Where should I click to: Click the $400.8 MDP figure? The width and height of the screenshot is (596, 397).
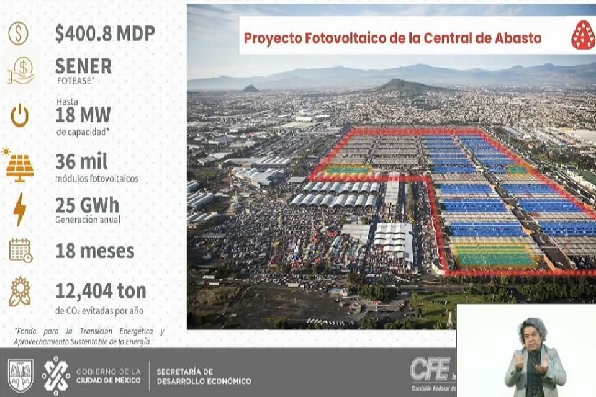point(104,33)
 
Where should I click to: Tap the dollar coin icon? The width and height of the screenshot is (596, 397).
point(18,33)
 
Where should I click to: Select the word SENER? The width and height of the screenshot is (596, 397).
point(83,66)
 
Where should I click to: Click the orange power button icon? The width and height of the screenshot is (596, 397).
point(20,115)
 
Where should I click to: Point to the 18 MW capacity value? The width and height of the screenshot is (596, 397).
point(83,115)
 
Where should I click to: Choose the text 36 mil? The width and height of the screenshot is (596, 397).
point(81,161)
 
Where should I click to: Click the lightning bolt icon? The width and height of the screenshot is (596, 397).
point(20,209)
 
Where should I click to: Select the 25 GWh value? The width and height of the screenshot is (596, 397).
point(87,205)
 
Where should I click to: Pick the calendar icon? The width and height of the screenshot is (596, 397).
point(20,250)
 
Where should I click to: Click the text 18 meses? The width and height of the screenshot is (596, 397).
point(94,251)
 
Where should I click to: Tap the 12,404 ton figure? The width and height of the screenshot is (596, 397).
point(101,290)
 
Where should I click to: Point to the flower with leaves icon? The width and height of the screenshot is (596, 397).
point(20,292)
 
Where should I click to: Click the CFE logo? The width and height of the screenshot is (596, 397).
point(429,370)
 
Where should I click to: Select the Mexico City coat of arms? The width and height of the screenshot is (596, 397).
point(20,375)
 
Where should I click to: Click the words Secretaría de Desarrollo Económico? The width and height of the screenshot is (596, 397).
point(204,376)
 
